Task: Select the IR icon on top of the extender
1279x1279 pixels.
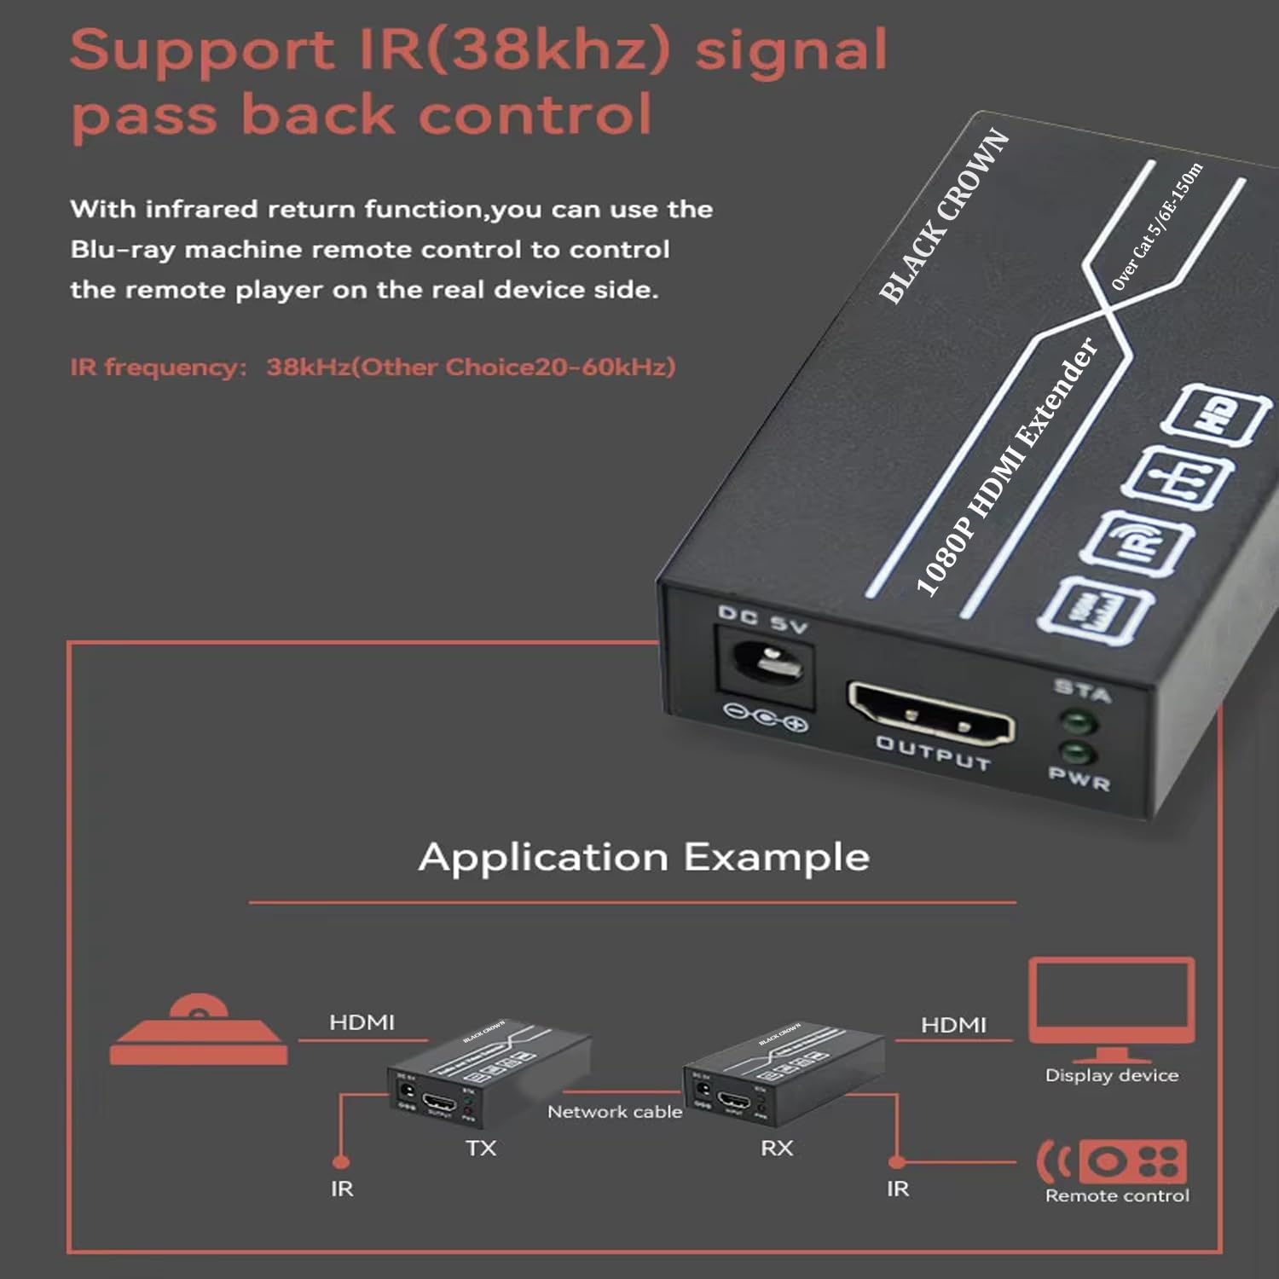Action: pyautogui.click(x=1136, y=544)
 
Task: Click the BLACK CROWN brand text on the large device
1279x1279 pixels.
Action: pyautogui.click(x=944, y=217)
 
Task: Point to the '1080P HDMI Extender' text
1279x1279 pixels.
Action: pyautogui.click(x=1006, y=466)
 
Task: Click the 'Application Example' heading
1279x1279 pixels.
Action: pyautogui.click(x=644, y=857)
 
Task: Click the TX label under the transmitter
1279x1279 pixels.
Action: pyautogui.click(x=481, y=1148)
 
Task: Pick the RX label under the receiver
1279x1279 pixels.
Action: pyautogui.click(x=777, y=1148)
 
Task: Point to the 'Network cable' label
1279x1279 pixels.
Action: pyautogui.click(x=615, y=1112)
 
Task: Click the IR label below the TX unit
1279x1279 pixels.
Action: pyautogui.click(x=342, y=1188)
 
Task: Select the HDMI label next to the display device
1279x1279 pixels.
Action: pyautogui.click(x=953, y=1025)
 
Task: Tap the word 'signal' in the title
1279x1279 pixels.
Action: pyautogui.click(x=791, y=50)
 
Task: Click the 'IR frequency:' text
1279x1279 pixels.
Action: pyautogui.click(x=159, y=367)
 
